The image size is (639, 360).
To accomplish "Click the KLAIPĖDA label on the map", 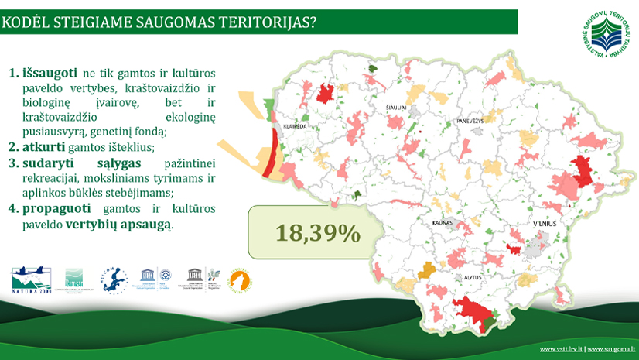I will pyautogui.click(x=296, y=125).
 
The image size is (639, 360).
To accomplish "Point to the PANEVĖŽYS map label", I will pyautogui.click(x=469, y=122).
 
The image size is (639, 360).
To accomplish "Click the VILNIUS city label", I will pyautogui.click(x=544, y=223).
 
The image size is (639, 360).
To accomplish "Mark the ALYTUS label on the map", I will pyautogui.click(x=473, y=276).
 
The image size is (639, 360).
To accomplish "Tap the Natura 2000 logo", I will pyautogui.click(x=31, y=279).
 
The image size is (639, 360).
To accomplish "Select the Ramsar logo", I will pyautogui.click(x=73, y=278).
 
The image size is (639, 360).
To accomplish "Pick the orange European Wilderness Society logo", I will pyautogui.click(x=241, y=281).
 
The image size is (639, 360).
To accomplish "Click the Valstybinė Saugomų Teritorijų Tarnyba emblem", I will pyautogui.click(x=609, y=36).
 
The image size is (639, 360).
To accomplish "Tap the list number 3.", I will pyautogui.click(x=12, y=163).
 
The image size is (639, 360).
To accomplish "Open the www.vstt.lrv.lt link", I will pyautogui.click(x=561, y=349).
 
